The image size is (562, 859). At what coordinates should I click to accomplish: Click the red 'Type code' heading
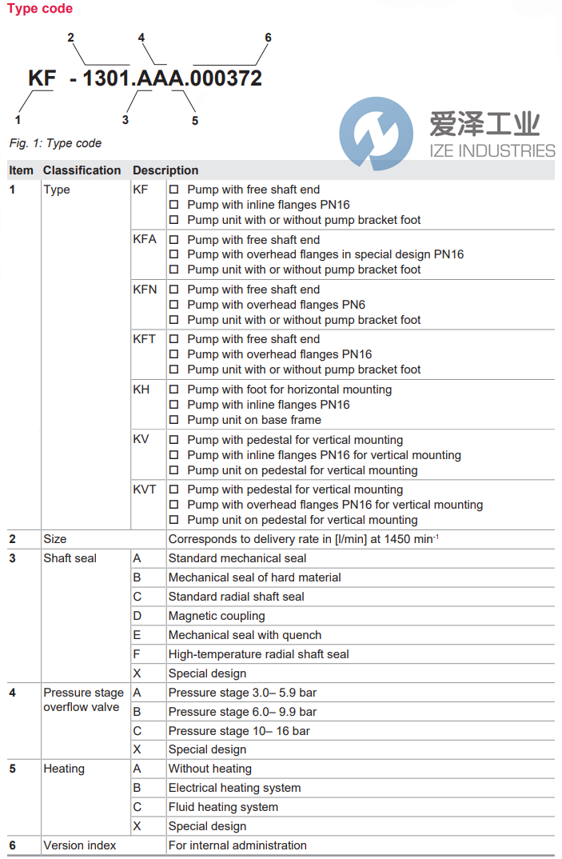(x=40, y=9)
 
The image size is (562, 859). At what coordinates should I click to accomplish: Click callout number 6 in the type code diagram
(x=268, y=38)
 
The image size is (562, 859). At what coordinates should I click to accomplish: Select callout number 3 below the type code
(x=125, y=120)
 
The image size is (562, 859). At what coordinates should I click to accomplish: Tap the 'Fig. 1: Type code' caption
(x=55, y=143)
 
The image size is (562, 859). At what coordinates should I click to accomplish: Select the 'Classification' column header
(x=82, y=170)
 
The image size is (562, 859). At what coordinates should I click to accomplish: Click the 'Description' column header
(x=165, y=170)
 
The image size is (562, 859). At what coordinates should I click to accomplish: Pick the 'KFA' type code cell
(x=145, y=240)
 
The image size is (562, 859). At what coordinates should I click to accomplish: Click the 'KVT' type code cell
(x=145, y=489)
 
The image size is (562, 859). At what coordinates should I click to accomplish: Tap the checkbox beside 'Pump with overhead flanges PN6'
(x=173, y=305)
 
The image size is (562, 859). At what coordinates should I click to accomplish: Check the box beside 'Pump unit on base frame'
(x=173, y=420)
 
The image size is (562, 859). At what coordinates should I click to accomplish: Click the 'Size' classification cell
(x=55, y=539)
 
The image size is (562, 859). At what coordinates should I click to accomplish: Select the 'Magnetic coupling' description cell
(x=217, y=616)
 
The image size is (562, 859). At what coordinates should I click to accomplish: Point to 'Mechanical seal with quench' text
(x=245, y=635)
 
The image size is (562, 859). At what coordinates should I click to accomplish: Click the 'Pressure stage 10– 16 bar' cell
(x=239, y=731)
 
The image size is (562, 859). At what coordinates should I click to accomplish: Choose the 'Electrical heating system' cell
(x=234, y=788)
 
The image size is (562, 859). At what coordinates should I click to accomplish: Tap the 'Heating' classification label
(x=64, y=769)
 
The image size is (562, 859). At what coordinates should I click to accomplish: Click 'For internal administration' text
(x=237, y=845)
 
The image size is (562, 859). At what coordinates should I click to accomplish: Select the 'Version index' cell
(x=80, y=845)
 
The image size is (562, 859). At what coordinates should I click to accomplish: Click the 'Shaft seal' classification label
(x=70, y=558)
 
